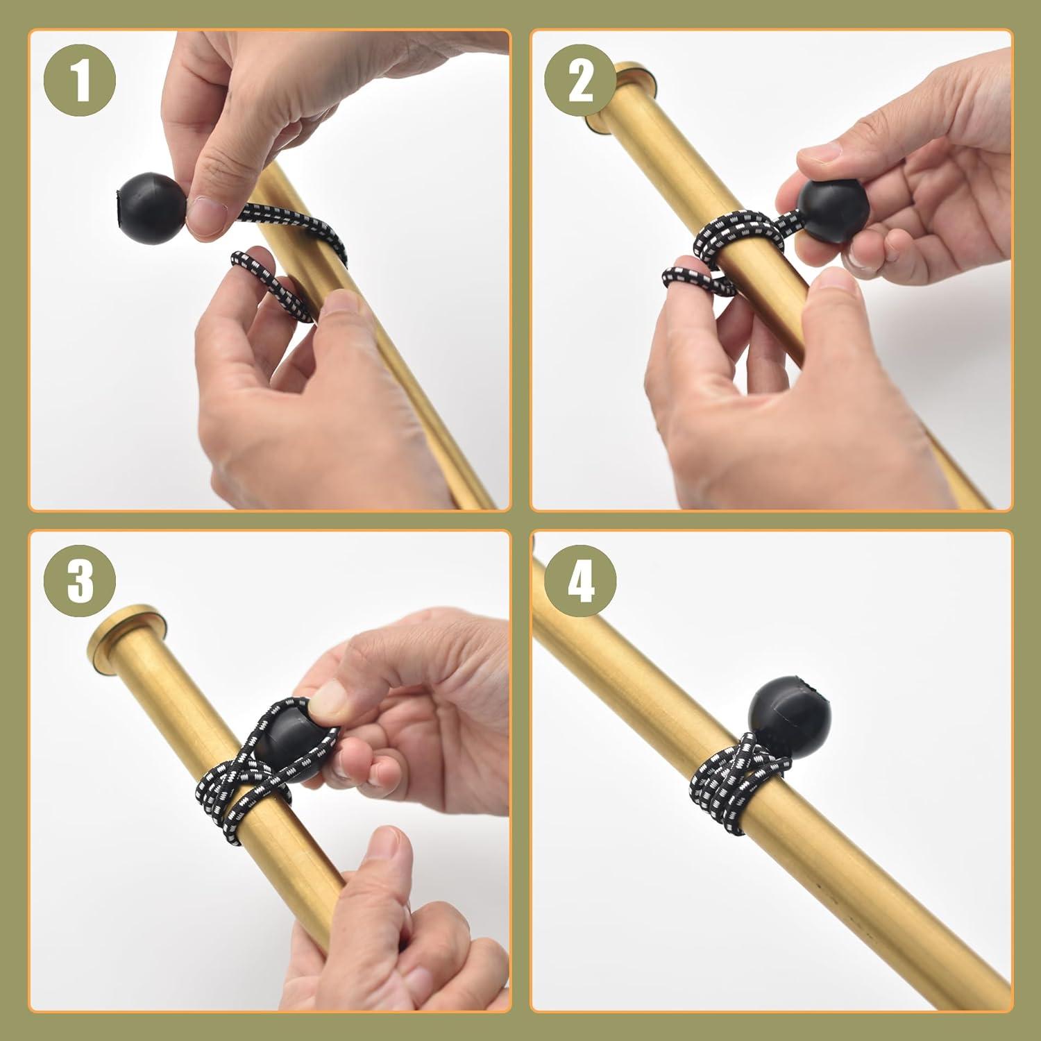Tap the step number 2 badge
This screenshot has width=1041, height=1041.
pos(581,81)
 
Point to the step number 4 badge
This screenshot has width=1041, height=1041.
pos(581,581)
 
